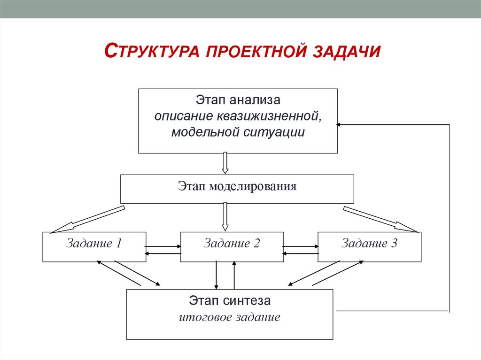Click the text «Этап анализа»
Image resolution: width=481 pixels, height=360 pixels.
pos(238,100)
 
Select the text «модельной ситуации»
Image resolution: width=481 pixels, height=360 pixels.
pos(238,132)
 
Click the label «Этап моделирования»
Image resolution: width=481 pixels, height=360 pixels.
pos(237,186)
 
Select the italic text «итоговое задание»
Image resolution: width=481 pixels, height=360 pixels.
pos(230,317)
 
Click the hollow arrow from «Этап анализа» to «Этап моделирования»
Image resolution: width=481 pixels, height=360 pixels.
pos(225,163)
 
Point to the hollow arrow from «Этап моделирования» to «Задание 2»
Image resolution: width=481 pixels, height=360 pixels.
pos(225,216)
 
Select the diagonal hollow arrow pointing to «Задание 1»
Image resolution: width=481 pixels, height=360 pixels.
pos(87,219)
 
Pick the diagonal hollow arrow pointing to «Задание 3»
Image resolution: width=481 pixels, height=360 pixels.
pos(380,219)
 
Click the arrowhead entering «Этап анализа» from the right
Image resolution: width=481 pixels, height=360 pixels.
pos(340,125)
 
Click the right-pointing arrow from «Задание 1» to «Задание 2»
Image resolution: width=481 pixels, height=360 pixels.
pos(163,246)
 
